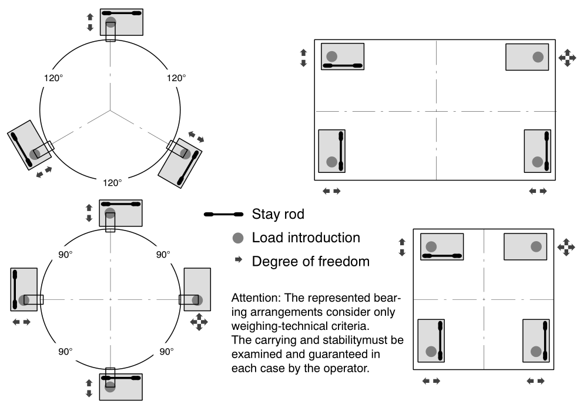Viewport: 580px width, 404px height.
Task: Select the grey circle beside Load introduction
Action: [x=237, y=238]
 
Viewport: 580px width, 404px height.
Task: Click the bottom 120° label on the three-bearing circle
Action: [x=111, y=183]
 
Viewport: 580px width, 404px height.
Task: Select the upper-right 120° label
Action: [x=176, y=77]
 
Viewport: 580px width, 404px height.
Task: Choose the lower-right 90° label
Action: [x=167, y=351]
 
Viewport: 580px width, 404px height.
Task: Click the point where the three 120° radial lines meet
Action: [x=110, y=110]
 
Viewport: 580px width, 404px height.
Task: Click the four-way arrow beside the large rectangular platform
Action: [x=566, y=57]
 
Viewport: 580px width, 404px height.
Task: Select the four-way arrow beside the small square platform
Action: [x=565, y=246]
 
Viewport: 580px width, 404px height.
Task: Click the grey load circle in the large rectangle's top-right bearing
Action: [x=538, y=57]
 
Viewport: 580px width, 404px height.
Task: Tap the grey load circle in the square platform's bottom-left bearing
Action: [x=431, y=351]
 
